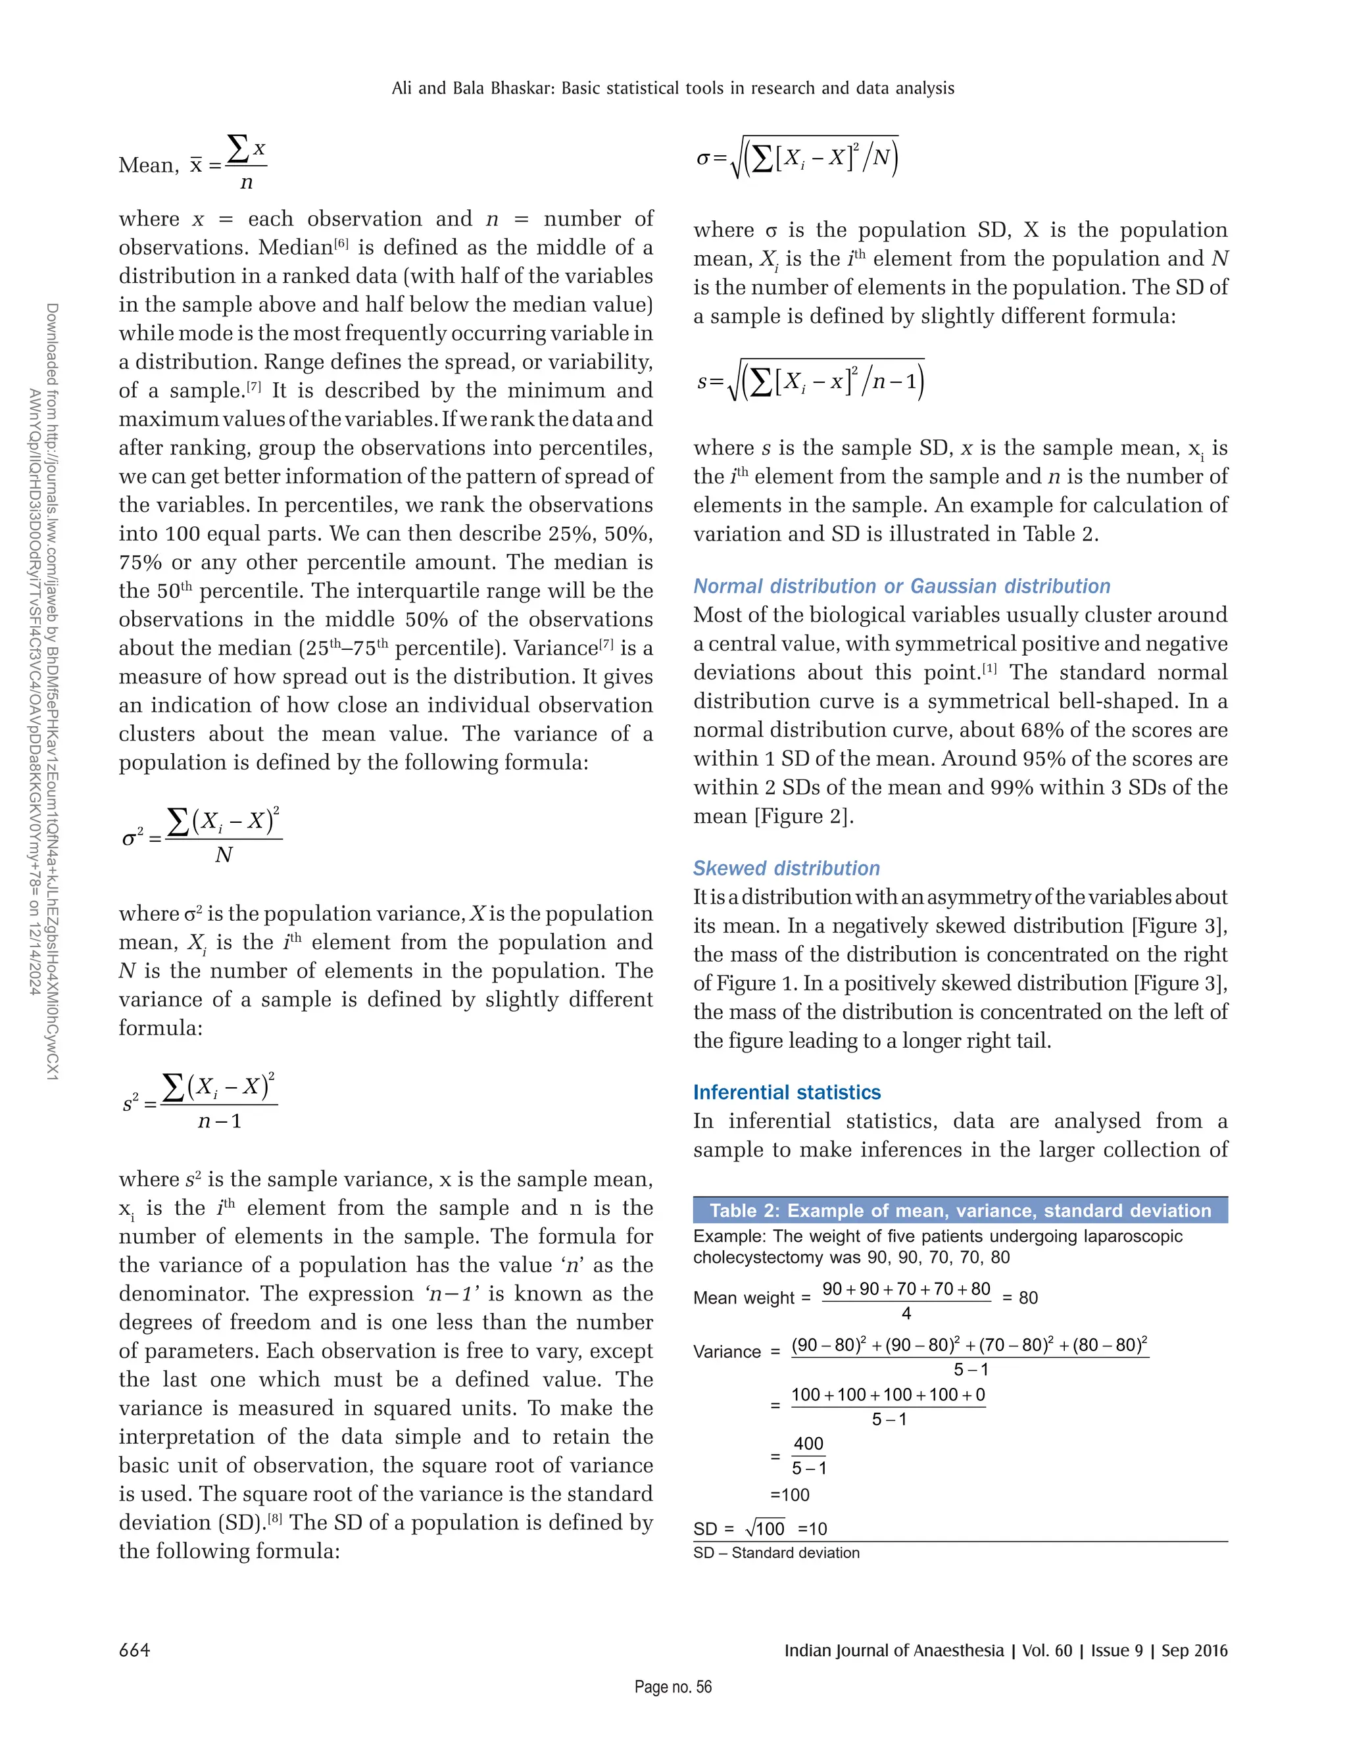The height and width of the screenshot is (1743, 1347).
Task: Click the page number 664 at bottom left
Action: point(134,1650)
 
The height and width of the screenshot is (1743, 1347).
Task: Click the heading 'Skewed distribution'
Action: point(786,868)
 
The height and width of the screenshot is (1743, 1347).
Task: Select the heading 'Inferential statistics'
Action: point(786,1092)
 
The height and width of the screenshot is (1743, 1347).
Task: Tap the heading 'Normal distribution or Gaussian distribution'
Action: point(901,586)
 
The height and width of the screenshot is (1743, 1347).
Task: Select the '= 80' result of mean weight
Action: point(1020,1298)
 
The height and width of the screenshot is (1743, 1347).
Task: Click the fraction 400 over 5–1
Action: point(808,1456)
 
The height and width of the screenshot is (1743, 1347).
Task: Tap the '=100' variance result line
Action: point(790,1495)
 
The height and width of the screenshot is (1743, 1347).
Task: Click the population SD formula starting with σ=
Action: point(798,157)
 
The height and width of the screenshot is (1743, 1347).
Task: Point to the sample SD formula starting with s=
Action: point(810,381)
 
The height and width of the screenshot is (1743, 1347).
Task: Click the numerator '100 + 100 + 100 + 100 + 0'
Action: point(887,1394)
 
